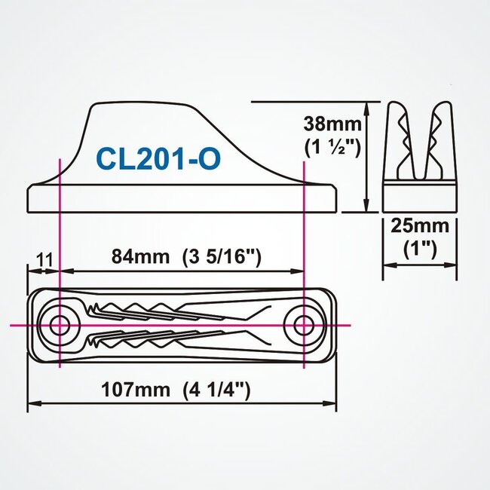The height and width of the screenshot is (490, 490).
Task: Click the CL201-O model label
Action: tap(158, 159)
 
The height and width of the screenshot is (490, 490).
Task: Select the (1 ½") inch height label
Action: tap(329, 147)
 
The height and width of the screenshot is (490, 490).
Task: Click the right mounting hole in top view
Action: tap(304, 325)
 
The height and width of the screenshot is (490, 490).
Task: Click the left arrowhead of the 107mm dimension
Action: tap(32, 404)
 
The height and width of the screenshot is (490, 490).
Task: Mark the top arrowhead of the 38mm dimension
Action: tap(367, 106)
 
